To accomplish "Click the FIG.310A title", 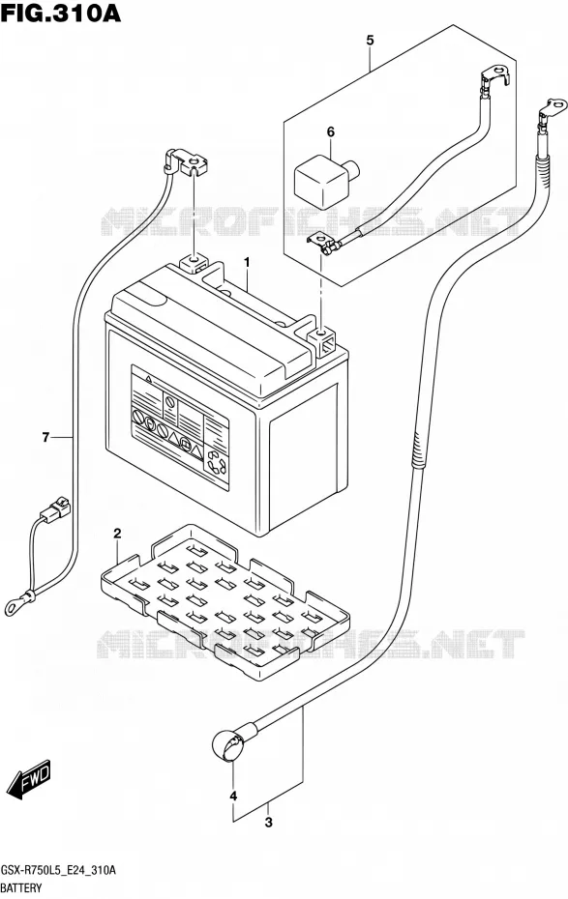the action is [x=61, y=13].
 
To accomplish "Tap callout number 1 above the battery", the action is [x=247, y=263].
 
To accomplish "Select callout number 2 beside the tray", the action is [x=117, y=534].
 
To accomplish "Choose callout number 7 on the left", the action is [x=45, y=438].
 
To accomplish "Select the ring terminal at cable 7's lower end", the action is [x=14, y=603].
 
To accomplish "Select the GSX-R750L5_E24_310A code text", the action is [x=58, y=871].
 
